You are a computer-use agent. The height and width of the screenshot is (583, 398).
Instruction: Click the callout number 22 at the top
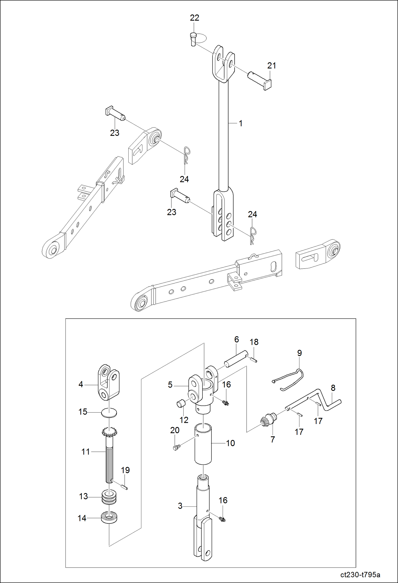[194, 18]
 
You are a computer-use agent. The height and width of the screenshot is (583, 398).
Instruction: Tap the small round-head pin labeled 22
[193, 39]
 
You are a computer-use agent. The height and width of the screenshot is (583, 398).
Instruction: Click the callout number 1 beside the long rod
[240, 123]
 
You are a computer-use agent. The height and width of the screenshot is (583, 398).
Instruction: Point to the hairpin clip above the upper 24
[187, 155]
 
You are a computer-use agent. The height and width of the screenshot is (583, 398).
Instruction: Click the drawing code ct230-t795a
[360, 575]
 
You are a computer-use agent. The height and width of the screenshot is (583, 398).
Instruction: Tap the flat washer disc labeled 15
[109, 412]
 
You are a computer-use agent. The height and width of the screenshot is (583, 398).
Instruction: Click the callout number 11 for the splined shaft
[86, 452]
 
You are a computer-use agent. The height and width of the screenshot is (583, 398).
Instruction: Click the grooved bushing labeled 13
[109, 497]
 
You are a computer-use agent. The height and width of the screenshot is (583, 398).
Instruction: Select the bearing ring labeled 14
[109, 518]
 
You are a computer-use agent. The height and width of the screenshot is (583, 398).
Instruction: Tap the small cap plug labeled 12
[180, 404]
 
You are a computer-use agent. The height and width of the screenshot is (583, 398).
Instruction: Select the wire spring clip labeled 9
[290, 379]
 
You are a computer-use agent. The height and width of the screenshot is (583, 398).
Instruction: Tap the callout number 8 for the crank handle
[333, 388]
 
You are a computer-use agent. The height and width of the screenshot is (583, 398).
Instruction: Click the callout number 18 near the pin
[254, 342]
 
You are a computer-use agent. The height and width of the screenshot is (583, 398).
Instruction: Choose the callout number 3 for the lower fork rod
[180, 506]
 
